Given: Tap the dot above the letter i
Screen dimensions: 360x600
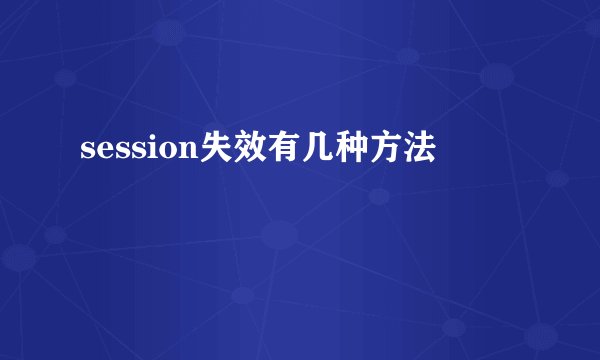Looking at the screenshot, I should pyautogui.click(x=146, y=141).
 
